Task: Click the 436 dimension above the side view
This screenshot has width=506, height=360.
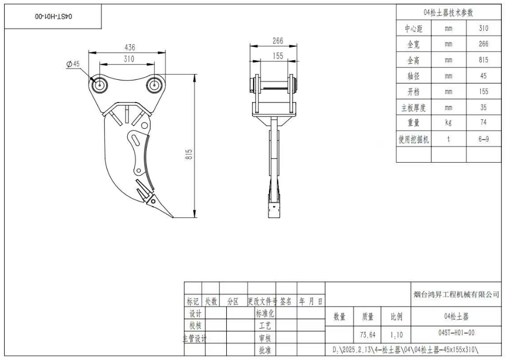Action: point(130,47)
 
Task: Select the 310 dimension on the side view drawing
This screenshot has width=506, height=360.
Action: point(129,59)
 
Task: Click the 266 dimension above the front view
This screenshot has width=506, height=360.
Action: point(278,41)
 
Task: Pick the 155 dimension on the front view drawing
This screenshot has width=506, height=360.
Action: point(278,56)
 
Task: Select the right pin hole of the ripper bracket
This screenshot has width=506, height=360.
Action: point(154,84)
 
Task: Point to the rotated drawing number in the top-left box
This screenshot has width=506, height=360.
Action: point(54,16)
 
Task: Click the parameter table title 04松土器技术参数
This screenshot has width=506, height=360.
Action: point(448,12)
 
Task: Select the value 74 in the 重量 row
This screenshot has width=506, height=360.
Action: point(483,123)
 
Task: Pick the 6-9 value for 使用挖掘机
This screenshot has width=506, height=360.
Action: point(483,139)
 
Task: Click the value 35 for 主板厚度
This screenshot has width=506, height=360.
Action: point(483,108)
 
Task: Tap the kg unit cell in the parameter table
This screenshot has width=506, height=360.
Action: point(448,123)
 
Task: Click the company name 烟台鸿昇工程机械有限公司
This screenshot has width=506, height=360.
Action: point(457,295)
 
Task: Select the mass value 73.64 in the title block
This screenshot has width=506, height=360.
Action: point(367,334)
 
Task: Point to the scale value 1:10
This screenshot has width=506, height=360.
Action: point(396,334)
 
